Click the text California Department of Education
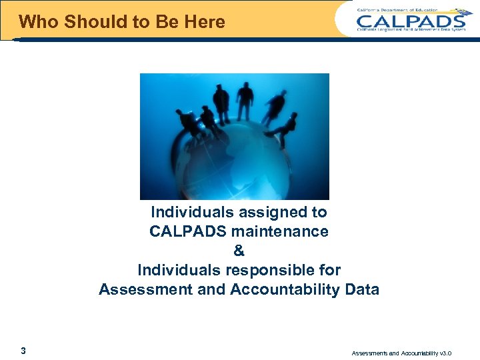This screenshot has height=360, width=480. point(399,9)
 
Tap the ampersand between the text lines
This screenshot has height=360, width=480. point(239,251)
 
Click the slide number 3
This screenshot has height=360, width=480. point(23,351)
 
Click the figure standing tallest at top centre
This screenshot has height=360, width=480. point(245,101)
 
